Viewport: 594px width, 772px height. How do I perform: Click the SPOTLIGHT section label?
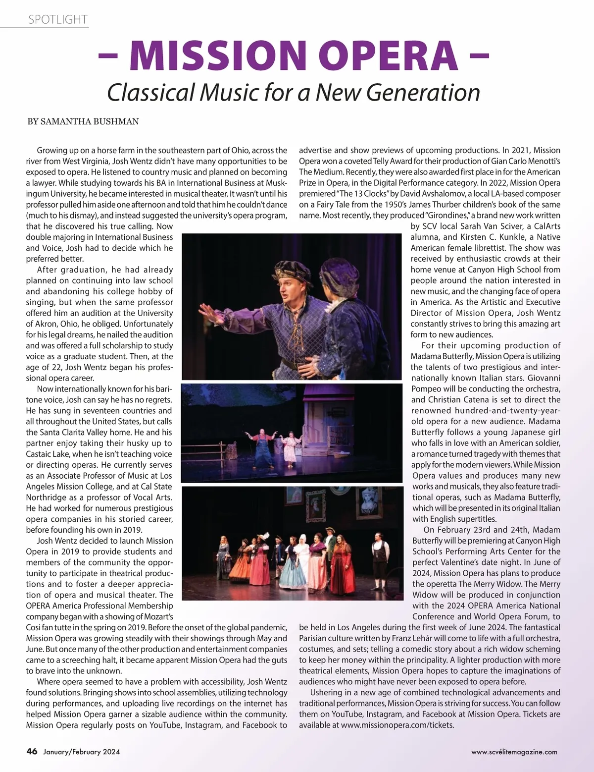tap(57, 20)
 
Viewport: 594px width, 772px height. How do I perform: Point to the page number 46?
tap(32, 751)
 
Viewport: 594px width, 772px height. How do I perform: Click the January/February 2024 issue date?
tap(81, 752)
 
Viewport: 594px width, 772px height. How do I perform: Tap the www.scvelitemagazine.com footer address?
tap(514, 752)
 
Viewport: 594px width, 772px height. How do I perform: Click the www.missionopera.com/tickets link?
tap(397, 725)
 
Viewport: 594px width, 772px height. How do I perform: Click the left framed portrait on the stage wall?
tap(315, 504)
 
